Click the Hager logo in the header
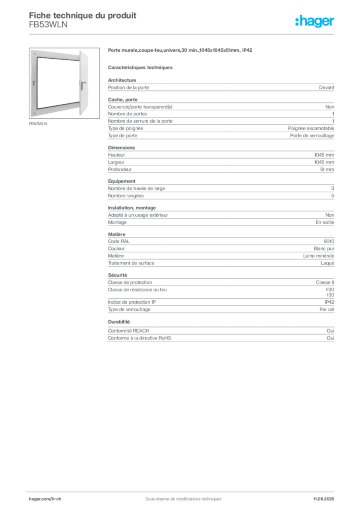[314, 21]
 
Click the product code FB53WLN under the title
[48, 25]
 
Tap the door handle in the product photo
[83, 85]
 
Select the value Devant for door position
[326, 87]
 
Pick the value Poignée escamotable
[311, 128]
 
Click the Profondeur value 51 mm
[327, 170]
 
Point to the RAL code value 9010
[329, 241]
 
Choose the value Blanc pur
[324, 249]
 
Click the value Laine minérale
[318, 256]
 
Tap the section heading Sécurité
[117, 275]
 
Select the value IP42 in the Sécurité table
[329, 302]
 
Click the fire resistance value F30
[330, 290]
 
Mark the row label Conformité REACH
[129, 331]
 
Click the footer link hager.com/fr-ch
[45, 499]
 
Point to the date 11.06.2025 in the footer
[323, 499]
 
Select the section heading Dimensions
[121, 147]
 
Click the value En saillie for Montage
[325, 222]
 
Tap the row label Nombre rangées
[126, 196]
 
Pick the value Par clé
[327, 309]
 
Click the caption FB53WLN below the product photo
[38, 124]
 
